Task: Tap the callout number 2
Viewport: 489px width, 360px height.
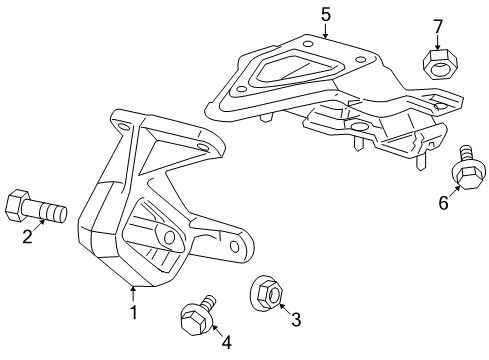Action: [28, 237]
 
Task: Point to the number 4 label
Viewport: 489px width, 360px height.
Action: [226, 342]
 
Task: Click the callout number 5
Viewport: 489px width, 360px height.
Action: [325, 13]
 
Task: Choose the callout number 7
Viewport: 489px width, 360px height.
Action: [436, 24]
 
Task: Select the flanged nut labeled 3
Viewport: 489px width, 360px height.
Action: [266, 293]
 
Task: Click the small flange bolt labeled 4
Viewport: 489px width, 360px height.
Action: [195, 318]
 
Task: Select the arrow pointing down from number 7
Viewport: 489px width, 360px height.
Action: [436, 42]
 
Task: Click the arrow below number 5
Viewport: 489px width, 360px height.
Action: [325, 31]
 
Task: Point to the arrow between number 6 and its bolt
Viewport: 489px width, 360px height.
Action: [452, 190]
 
